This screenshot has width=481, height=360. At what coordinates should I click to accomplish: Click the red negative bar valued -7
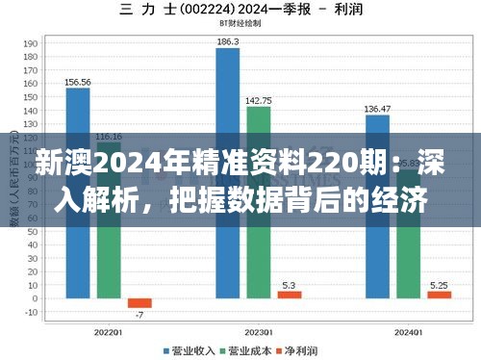click(x=139, y=303)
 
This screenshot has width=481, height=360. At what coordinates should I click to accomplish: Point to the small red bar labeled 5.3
click(x=289, y=294)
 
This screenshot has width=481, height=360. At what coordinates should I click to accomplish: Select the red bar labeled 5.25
click(x=439, y=294)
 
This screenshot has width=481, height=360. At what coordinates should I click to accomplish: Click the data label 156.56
click(x=78, y=82)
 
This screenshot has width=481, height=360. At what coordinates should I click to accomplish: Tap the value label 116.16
click(x=109, y=136)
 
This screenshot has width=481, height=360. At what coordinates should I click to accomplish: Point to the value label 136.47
click(x=377, y=108)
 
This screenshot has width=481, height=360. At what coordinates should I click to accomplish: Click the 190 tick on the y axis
click(x=31, y=43)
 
